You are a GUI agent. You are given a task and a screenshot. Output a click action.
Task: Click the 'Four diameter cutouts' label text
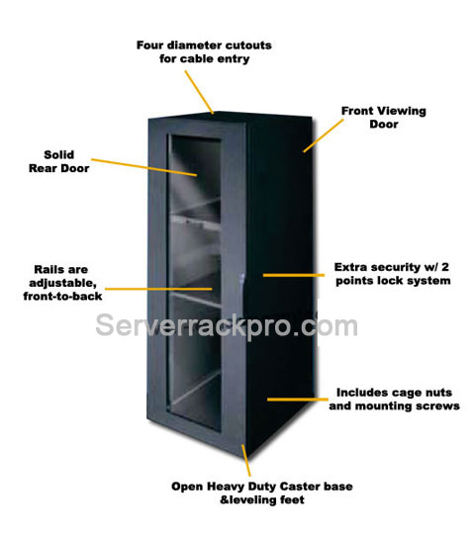pos(204,51)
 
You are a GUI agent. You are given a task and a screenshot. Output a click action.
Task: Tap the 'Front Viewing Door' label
pos(384,118)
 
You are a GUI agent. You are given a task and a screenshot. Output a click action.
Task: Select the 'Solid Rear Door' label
pos(59,161)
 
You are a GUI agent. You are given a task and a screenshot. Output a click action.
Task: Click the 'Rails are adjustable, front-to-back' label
pos(62,283)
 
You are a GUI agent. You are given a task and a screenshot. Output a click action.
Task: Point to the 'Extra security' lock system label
pos(393,274)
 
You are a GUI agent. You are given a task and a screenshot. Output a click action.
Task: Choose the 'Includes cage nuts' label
pos(394,399)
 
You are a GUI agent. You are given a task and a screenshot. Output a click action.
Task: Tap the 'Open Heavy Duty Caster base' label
pos(262,493)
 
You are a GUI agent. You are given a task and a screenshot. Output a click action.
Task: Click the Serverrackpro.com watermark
pos(227,325)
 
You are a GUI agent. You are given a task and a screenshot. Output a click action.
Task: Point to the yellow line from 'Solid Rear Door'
pos(144,167)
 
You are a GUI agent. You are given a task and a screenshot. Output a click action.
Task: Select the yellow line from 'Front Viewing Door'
pos(324,135)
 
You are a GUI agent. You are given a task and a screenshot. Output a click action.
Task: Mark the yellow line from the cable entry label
pos(200,92)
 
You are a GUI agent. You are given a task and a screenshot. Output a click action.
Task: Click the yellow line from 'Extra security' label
pos(294,275)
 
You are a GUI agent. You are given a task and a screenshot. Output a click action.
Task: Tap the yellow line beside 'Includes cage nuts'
pos(298,400)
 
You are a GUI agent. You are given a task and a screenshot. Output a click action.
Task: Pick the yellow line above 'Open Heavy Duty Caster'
pos(246,461)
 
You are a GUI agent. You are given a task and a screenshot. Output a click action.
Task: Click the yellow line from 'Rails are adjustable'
pos(158,289)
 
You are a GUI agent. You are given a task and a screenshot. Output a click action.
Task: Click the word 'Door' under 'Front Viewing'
pos(384,124)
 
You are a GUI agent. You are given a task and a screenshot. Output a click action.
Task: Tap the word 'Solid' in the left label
pos(59,154)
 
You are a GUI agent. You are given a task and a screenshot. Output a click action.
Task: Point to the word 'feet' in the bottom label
pos(292,499)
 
